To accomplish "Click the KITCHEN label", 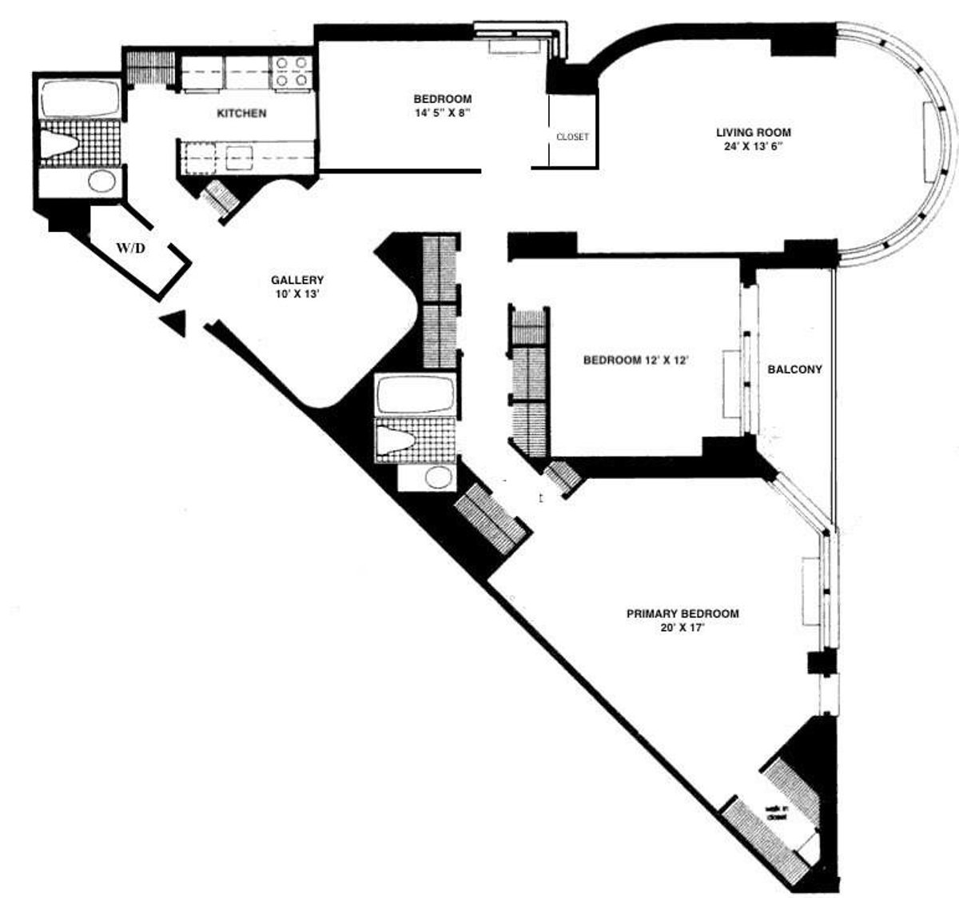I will coord(241,114).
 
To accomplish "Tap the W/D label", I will coord(132,248).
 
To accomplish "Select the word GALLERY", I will coord(297,280).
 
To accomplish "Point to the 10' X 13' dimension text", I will coord(297,293).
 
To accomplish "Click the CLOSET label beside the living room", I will coord(572,137).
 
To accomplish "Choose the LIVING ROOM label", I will coord(753,133).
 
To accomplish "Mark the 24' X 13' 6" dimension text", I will coord(753,146).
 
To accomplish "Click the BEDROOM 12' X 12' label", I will coord(636,360).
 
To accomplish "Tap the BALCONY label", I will coord(794,369).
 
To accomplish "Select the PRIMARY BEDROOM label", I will coord(682,613).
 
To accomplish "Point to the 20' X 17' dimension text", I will coord(682,628).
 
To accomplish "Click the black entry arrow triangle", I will coord(173,323).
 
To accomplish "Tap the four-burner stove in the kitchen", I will coord(292,71).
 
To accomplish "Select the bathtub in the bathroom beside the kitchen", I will coord(79,100).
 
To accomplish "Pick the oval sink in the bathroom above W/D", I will coord(101,181).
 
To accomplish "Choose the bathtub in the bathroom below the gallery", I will coord(416,394).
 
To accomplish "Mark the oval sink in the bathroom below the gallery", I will coord(437,477).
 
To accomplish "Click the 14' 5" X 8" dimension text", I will coord(442,113).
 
